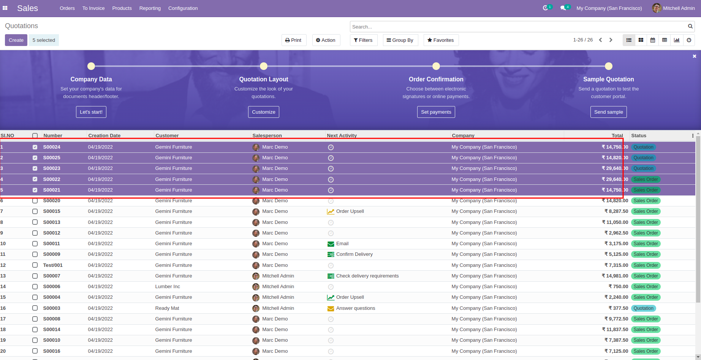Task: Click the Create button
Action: [16, 40]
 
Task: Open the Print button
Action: [294, 40]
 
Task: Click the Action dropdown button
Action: [326, 40]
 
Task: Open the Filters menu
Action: [363, 40]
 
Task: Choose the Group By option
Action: [400, 40]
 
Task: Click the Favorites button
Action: [441, 40]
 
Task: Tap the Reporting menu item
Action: [150, 8]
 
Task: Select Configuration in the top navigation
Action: [183, 8]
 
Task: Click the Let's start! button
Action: [91, 112]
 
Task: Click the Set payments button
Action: [436, 112]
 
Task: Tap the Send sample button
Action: [608, 112]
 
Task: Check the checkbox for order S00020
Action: [35, 201]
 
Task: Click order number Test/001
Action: [53, 265]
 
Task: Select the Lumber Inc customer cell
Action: [168, 287]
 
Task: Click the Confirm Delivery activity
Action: [354, 254]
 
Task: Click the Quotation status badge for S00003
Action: [643, 308]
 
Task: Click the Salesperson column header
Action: [267, 136]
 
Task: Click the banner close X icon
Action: [695, 56]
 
